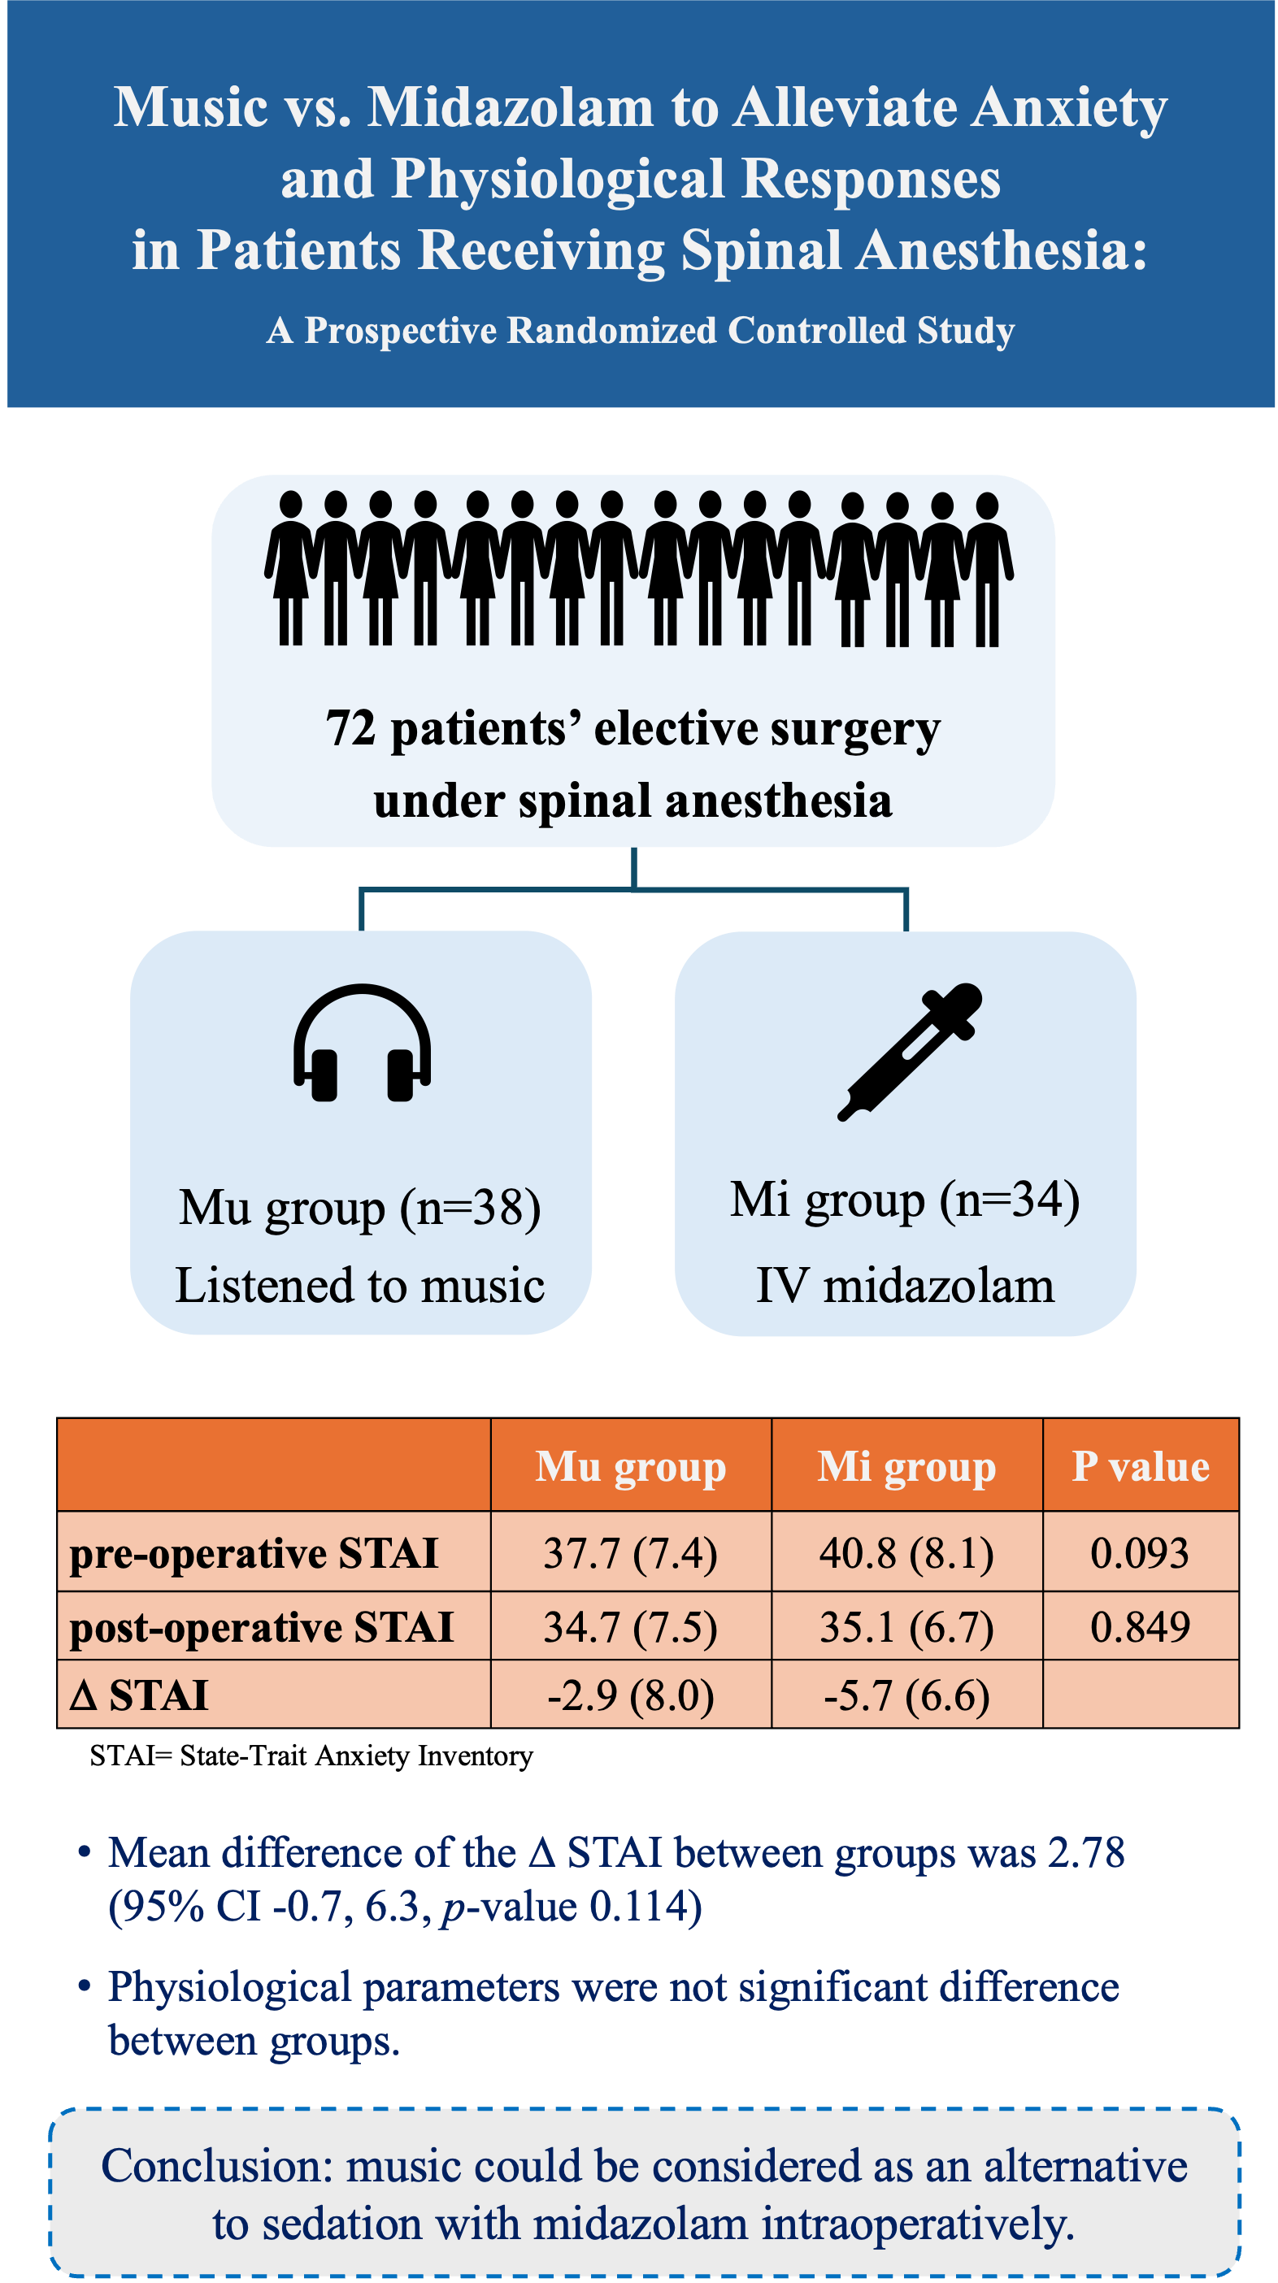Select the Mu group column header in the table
click(x=630, y=1467)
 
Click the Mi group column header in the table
click(x=906, y=1467)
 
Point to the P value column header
click(x=1140, y=1467)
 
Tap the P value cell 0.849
click(x=1140, y=1626)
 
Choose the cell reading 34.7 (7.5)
click(x=630, y=1627)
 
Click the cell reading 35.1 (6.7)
click(x=906, y=1627)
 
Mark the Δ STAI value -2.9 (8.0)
click(x=630, y=1695)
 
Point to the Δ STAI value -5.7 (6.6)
click(x=906, y=1695)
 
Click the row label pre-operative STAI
click(x=254, y=1554)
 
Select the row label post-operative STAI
click(x=261, y=1627)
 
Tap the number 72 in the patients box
click(x=351, y=728)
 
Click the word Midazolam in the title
click(x=511, y=107)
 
